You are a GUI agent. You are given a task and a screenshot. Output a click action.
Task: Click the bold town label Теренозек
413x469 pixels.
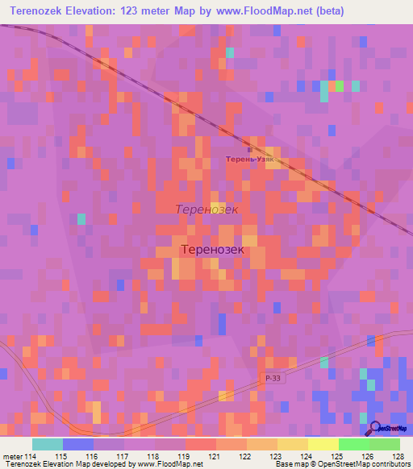pyautogui.click(x=213, y=250)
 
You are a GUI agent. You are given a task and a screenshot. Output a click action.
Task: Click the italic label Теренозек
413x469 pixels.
pyautogui.click(x=207, y=209)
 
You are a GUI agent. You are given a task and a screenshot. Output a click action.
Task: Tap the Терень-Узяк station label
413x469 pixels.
pyautogui.click(x=249, y=159)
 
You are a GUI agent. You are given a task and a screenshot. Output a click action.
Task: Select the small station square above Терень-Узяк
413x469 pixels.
pyautogui.click(x=250, y=149)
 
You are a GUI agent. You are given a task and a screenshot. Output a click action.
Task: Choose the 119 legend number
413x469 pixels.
pyautogui.click(x=170, y=456)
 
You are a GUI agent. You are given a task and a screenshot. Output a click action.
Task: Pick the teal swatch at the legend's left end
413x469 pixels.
pyautogui.click(x=48, y=444)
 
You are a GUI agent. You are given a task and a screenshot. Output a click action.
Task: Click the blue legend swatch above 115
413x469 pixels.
pyautogui.click(x=78, y=444)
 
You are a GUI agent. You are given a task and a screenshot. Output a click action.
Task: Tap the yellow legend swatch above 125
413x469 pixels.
pyautogui.click(x=323, y=444)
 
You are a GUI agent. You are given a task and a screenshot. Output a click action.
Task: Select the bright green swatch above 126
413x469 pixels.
pyautogui.click(x=353, y=444)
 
